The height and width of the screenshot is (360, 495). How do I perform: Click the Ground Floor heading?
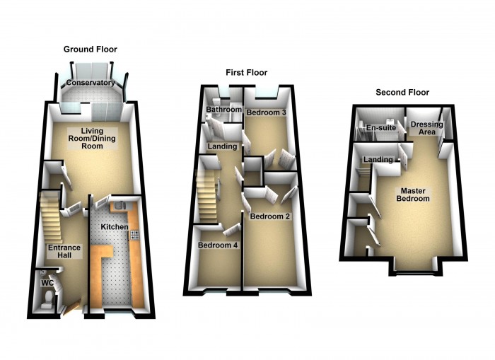coord(91,50)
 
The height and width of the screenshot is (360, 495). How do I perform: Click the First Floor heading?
coord(247,73)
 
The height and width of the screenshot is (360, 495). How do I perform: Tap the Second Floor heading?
coord(402,93)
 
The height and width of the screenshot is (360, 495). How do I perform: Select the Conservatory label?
coord(91,83)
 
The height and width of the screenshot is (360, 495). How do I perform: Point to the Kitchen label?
coord(115,227)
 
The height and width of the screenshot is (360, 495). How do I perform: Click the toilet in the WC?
coord(49,297)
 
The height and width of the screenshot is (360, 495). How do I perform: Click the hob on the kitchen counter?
coord(134,236)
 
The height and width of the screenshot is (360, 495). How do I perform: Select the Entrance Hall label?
coord(64,251)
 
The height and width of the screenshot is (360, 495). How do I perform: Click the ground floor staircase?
coord(50,218)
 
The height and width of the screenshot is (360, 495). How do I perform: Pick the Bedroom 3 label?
coord(267,112)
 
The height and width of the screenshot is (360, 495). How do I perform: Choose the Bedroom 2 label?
coord(270,216)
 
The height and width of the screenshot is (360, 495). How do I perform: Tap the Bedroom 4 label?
coord(218,245)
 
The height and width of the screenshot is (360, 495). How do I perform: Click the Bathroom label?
coord(224,109)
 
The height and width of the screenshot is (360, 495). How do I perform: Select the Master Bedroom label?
coord(413,194)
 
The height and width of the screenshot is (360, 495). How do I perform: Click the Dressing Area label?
coord(427,128)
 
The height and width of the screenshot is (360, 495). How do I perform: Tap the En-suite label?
coord(381,128)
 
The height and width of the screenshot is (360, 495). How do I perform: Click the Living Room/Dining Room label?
coord(92,139)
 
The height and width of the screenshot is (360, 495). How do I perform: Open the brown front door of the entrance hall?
coord(71,307)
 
